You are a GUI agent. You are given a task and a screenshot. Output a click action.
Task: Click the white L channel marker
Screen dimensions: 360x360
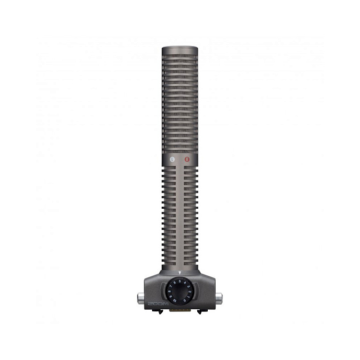click(172, 159)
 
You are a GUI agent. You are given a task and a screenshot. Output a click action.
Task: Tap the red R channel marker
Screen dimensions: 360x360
click(188, 159)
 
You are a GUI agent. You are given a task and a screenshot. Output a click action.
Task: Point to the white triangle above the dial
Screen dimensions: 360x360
click(179, 273)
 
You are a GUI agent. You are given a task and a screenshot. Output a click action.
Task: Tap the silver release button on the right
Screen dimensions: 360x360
click(219, 298)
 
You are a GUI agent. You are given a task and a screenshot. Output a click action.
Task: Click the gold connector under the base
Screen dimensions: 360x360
click(179, 310)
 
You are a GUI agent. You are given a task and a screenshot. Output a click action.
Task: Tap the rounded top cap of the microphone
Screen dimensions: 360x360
click(179, 50)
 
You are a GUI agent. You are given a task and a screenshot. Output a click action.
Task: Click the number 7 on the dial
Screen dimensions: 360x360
click(170, 286)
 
